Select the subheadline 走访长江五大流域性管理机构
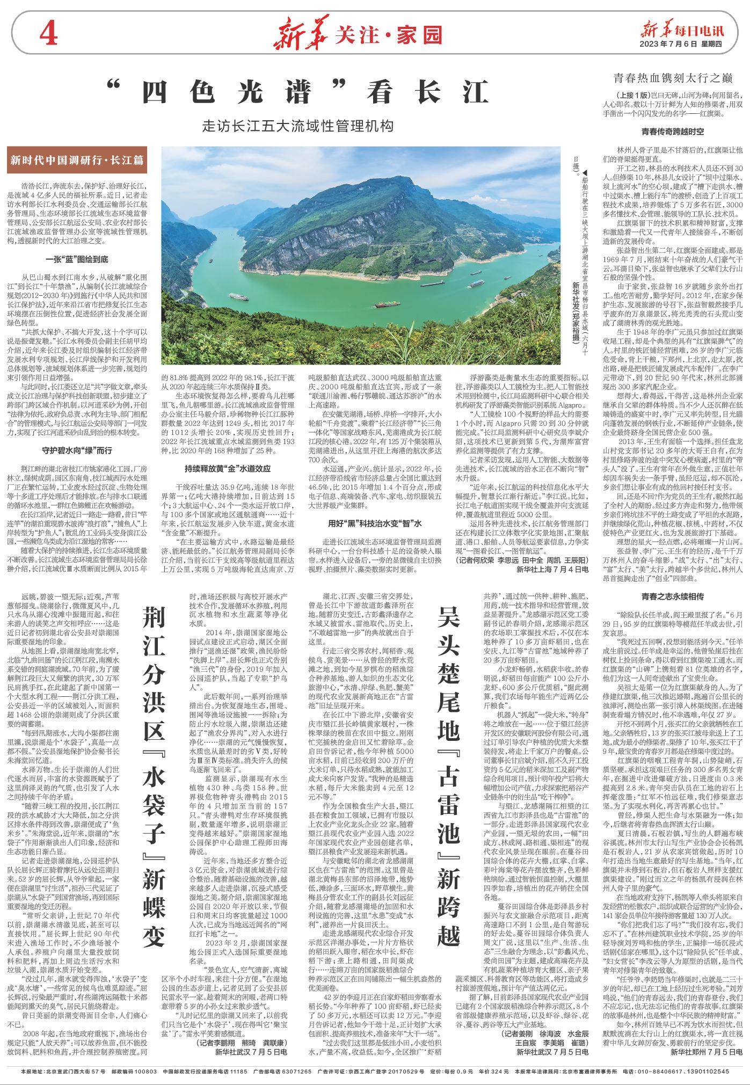coord(298,127)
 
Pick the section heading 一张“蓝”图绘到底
coord(80,260)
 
